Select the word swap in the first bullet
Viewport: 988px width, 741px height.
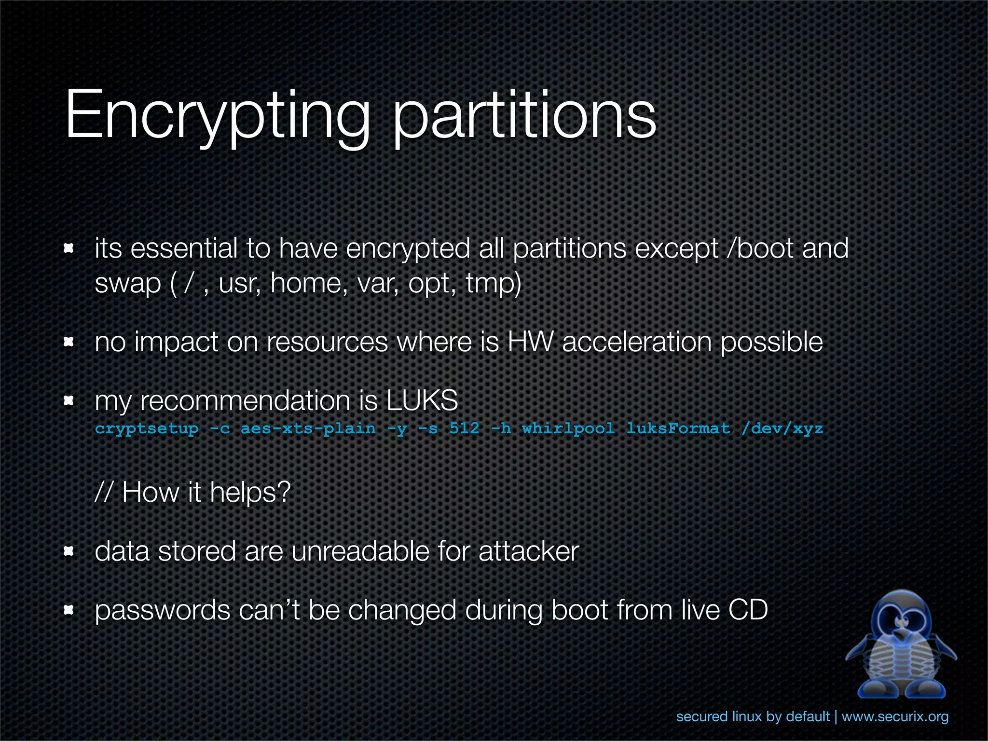128,284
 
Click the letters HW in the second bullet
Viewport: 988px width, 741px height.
530,343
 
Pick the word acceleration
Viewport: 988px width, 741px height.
637,343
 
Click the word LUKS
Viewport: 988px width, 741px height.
422,401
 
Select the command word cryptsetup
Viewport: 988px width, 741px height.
147,429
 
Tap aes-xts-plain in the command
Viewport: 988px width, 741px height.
308,428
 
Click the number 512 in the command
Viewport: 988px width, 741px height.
465,428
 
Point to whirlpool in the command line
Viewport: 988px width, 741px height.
568,428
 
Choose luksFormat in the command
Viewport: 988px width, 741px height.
678,428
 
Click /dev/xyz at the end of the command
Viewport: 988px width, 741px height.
782,428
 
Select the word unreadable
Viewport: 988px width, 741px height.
359,551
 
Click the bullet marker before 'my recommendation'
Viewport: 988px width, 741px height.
69,401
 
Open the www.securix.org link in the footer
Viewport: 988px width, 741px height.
895,717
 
